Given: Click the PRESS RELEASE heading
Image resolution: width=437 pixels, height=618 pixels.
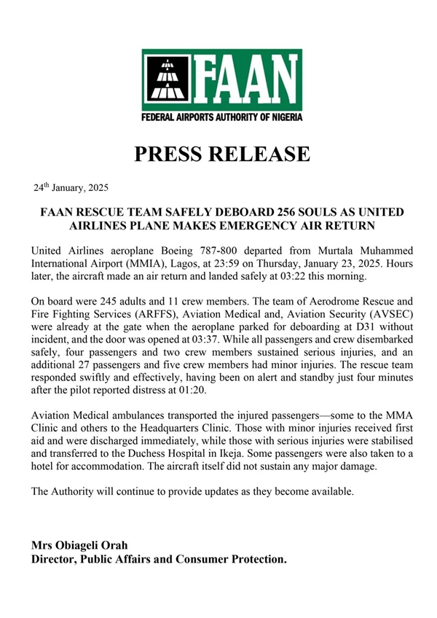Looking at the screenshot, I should click(x=221, y=154).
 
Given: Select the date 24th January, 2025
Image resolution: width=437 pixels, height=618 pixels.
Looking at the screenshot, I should click(x=71, y=188).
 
